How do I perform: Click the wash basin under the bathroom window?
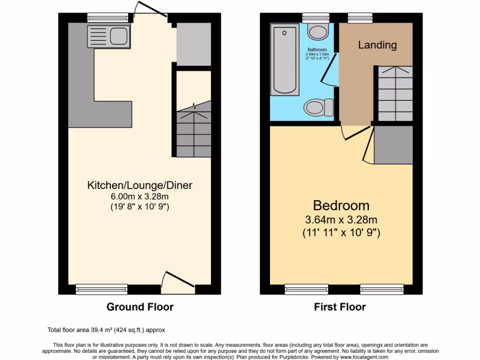318,33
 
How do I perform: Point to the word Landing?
377,45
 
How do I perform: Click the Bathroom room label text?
318,50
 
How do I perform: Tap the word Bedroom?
341,205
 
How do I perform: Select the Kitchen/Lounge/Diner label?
140,185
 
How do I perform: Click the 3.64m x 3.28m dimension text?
341,219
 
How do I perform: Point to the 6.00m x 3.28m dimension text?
140,196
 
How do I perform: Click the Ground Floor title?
140,307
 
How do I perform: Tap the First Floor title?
340,307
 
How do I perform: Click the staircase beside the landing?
395,94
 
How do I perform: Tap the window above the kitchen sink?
107,18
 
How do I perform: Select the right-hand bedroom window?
382,289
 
